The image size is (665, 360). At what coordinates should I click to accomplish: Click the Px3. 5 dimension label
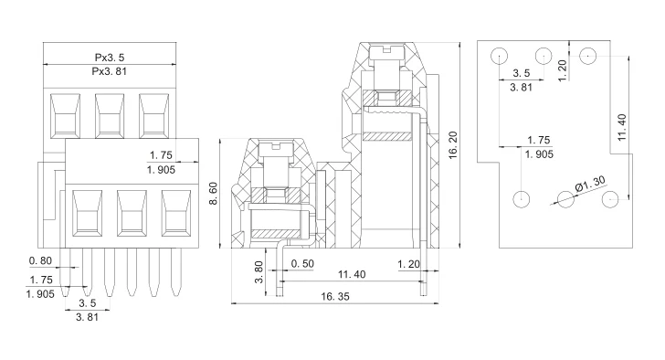coord(110,58)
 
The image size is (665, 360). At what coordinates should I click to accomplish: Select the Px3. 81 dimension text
coord(110,71)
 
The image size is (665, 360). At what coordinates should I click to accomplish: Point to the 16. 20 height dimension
coord(453,145)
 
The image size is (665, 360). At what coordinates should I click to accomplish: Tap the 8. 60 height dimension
coord(214,193)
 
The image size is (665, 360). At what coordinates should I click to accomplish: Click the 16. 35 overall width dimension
coord(335,296)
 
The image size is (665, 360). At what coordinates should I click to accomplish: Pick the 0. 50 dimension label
coord(302,264)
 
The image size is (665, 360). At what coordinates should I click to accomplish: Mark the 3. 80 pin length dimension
coord(259,271)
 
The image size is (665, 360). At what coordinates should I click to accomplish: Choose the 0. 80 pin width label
coord(40,260)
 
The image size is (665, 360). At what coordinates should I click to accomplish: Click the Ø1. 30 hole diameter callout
coord(590,184)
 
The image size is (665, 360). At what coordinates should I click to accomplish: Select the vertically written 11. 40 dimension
coord(621,127)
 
